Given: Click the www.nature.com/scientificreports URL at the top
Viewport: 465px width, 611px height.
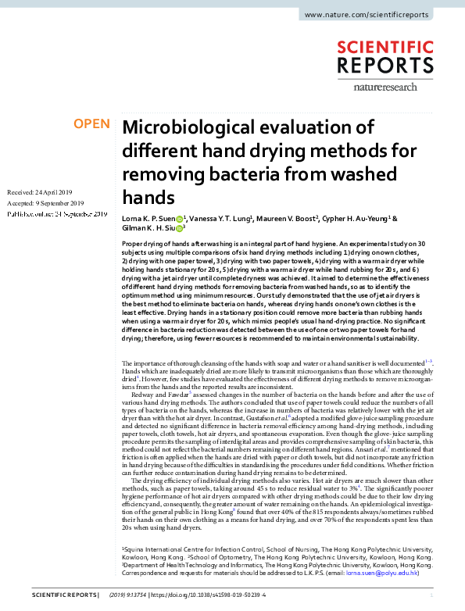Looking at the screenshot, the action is [376, 15].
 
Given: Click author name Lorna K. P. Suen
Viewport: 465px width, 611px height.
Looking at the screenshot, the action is [148, 220].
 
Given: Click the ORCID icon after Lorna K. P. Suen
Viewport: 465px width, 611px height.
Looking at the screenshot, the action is [179, 220].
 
